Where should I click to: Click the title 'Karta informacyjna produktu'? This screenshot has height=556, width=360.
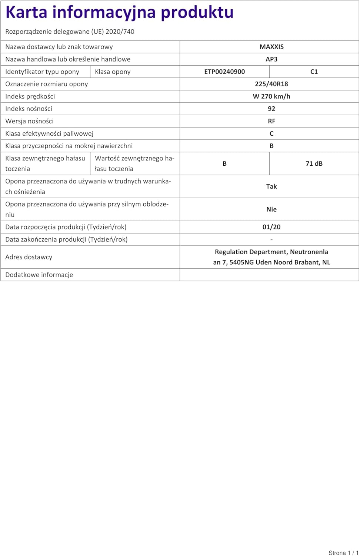pyautogui.click(x=119, y=12)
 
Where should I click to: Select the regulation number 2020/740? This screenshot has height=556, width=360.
pyautogui.click(x=120, y=32)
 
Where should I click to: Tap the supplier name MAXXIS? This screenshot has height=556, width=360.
pyautogui.click(x=271, y=47)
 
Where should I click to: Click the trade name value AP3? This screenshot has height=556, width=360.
pyautogui.click(x=271, y=59)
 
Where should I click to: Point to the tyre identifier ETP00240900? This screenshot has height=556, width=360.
pyautogui.click(x=224, y=72)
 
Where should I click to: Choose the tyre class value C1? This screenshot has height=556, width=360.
pyautogui.click(x=314, y=72)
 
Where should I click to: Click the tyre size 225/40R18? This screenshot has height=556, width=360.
pyautogui.click(x=271, y=84)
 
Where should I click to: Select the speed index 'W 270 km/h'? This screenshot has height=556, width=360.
pyautogui.click(x=271, y=96)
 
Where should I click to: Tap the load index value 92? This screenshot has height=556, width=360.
pyautogui.click(x=271, y=109)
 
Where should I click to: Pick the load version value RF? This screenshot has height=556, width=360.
pyautogui.click(x=271, y=121)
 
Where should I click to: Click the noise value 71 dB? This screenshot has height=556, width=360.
pyautogui.click(x=314, y=163)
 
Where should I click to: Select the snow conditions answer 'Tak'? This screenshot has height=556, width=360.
pyautogui.click(x=271, y=186)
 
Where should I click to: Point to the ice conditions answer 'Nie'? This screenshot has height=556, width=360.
pyautogui.click(x=271, y=209)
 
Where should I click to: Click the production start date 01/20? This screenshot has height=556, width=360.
pyautogui.click(x=271, y=227)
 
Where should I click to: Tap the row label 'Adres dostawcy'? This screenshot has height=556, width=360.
pyautogui.click(x=29, y=257)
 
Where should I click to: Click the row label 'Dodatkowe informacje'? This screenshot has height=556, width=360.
pyautogui.click(x=39, y=275)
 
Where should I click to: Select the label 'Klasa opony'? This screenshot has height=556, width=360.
pyautogui.click(x=113, y=72)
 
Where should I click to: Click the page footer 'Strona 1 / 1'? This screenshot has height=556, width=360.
pyautogui.click(x=343, y=553)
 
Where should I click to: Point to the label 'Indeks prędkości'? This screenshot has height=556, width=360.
pyautogui.click(x=30, y=96)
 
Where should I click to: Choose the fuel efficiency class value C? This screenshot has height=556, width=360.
pyautogui.click(x=271, y=133)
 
